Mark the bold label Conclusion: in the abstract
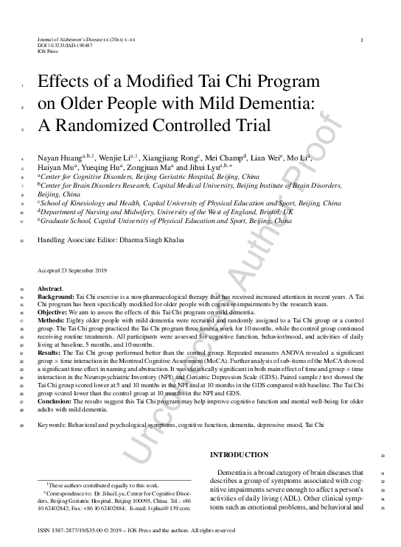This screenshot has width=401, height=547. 56,400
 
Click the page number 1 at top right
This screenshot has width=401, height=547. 361,40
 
